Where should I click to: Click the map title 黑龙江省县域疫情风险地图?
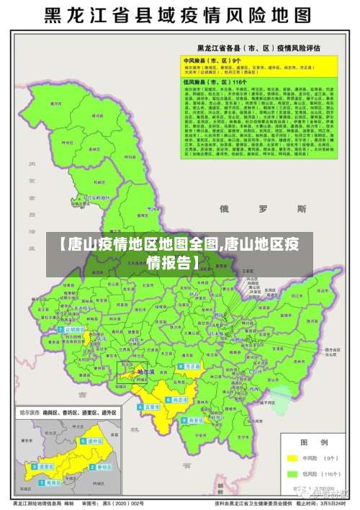point(179,15)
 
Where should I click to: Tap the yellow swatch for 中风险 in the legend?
point(292,458)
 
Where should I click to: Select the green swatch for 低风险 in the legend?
point(292,475)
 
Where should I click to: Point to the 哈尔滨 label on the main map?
point(145,372)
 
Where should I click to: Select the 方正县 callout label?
point(192,366)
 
